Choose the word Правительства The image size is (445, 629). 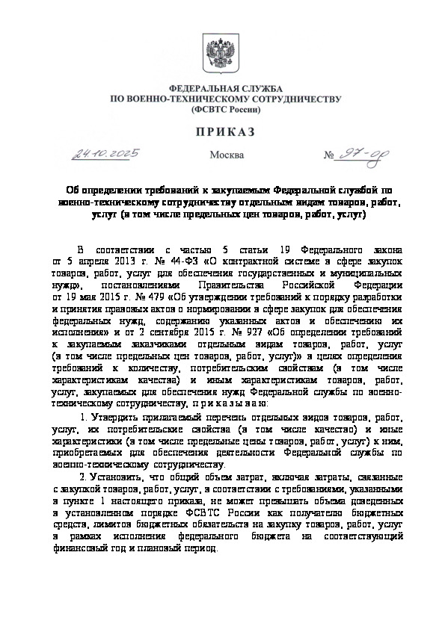[x=206, y=285]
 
